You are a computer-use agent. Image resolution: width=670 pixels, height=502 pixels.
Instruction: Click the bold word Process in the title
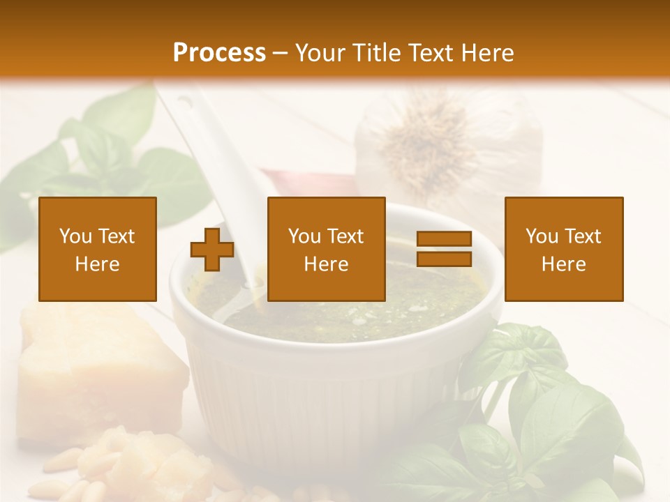tap(219, 53)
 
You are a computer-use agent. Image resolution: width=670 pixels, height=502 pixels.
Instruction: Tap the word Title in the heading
tap(374, 53)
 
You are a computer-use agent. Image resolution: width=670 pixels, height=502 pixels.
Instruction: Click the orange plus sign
tap(212, 250)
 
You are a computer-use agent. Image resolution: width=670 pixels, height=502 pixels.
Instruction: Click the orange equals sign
tap(444, 249)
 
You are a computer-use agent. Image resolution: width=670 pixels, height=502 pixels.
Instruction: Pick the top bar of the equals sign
tap(444, 239)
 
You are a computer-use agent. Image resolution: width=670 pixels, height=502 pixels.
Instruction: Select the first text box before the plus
tap(98, 249)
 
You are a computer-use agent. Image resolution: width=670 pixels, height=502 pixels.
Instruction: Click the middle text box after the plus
tap(326, 249)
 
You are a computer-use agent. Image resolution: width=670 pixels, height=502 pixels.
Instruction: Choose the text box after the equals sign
tap(564, 249)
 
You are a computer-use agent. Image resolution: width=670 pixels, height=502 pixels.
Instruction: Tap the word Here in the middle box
tap(326, 264)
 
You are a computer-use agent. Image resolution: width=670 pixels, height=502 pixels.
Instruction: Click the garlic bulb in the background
tap(447, 146)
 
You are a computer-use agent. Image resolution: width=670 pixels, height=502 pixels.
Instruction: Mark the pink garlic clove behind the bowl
tap(307, 185)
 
